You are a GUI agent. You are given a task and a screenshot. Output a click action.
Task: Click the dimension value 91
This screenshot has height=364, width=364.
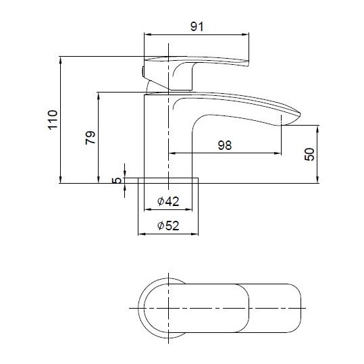[x=197, y=26]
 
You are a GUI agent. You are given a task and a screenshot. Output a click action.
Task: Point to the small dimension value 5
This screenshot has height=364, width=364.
[x=116, y=180]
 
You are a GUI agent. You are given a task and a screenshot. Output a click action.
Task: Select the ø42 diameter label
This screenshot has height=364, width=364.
[x=167, y=201]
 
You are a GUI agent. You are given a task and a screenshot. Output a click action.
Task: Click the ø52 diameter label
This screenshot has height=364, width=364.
[x=167, y=226]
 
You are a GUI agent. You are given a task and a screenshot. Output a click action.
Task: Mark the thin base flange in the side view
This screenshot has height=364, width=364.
[x=168, y=180]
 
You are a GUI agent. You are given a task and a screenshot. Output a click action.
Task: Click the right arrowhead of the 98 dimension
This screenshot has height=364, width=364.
[x=278, y=153]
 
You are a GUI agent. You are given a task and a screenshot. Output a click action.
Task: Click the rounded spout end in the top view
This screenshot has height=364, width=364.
[x=295, y=308]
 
